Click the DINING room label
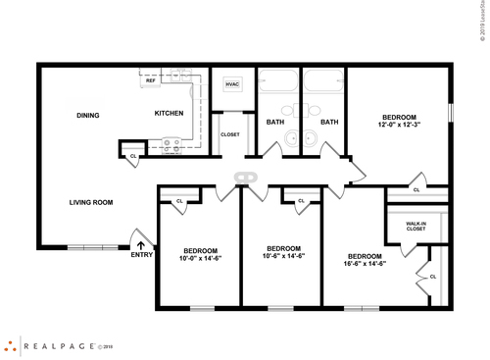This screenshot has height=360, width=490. (89, 115)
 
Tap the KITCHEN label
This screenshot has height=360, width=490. (169, 114)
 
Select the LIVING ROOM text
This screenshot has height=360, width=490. (91, 203)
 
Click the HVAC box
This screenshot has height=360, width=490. (232, 84)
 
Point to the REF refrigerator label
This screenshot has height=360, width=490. (151, 80)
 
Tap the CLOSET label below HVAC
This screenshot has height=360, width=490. (230, 134)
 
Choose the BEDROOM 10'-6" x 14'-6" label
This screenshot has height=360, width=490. (283, 252)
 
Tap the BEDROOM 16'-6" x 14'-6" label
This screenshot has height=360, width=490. (365, 259)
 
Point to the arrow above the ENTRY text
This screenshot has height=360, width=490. (140, 245)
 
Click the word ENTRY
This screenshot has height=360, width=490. (141, 257)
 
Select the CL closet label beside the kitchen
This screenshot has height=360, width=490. (133, 155)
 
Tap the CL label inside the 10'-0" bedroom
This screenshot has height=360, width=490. (179, 201)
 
